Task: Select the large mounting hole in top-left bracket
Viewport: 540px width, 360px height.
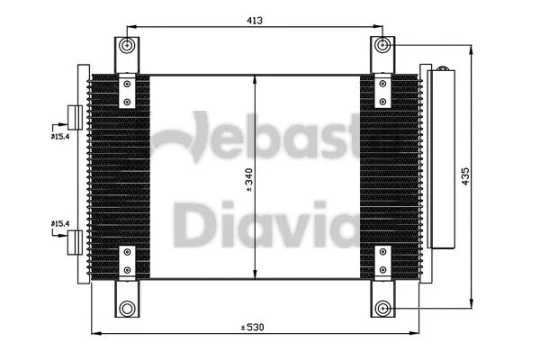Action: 128,47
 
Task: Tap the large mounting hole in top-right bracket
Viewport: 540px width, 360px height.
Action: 384,45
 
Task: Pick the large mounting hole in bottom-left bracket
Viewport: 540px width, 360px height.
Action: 128,308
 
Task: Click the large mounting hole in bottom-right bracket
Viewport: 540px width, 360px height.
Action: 384,308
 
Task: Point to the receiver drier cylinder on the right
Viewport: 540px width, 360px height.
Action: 443,158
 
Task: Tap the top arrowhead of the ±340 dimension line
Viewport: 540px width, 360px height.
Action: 257,80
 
